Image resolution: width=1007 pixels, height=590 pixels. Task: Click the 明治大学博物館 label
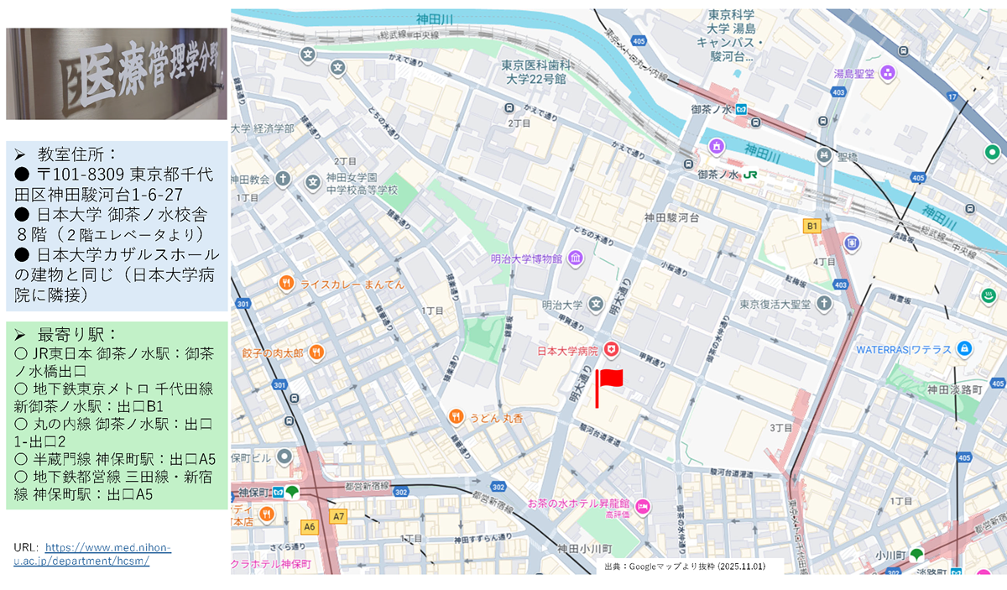528,258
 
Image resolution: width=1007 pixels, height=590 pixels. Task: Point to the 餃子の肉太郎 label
272,352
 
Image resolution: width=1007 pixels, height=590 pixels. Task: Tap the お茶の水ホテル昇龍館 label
579,504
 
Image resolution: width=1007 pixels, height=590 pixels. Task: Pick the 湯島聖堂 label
853,74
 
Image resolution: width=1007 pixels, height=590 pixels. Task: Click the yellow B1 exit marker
811,226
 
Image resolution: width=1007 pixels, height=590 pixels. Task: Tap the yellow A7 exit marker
338,517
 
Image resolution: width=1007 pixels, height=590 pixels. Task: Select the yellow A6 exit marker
308,526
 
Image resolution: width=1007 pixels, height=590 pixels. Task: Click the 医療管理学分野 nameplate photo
116,74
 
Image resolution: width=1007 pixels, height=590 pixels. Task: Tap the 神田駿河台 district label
671,217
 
